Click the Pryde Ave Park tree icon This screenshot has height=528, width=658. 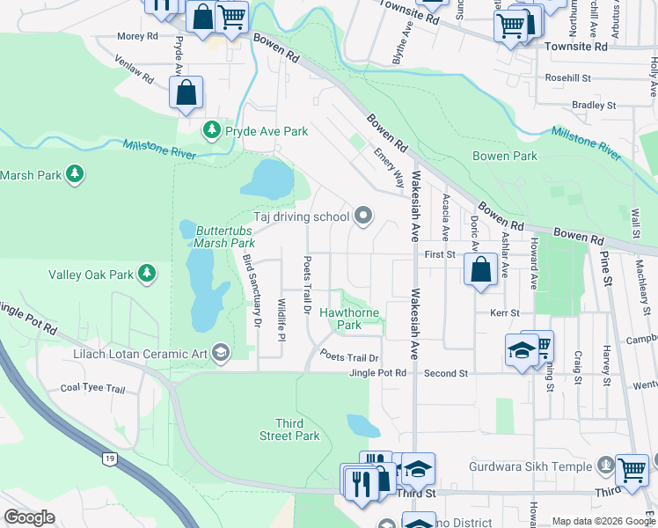click(x=211, y=131)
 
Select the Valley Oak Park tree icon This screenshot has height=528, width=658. click(x=148, y=275)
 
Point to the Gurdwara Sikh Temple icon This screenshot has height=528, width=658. click(x=604, y=464)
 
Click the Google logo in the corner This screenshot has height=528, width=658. click(x=29, y=517)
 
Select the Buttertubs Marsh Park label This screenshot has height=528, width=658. click(x=225, y=237)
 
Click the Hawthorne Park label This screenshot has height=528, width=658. click(x=349, y=319)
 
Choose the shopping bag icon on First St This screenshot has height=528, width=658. click(x=481, y=270)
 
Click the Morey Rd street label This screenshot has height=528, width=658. click(x=138, y=37)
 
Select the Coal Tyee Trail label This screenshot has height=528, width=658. click(x=93, y=388)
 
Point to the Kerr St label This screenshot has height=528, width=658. click(x=504, y=312)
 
